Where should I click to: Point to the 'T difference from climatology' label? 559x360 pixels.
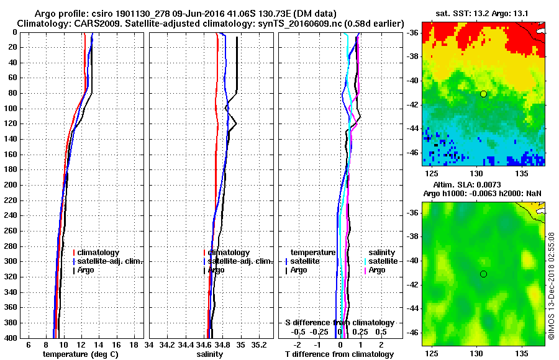click(x=339, y=354)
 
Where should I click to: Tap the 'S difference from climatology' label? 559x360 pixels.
click(x=339, y=323)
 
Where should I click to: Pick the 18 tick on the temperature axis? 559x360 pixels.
click(x=134, y=344)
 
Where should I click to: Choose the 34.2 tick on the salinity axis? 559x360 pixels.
click(x=166, y=344)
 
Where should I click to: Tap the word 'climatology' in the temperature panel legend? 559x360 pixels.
click(x=98, y=253)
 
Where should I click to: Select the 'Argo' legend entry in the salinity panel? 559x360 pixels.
click(x=217, y=270)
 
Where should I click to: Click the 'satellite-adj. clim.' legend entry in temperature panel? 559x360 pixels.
click(x=110, y=261)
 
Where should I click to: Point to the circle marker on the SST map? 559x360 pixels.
click(x=483, y=94)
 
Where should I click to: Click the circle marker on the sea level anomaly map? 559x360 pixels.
click(x=483, y=274)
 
